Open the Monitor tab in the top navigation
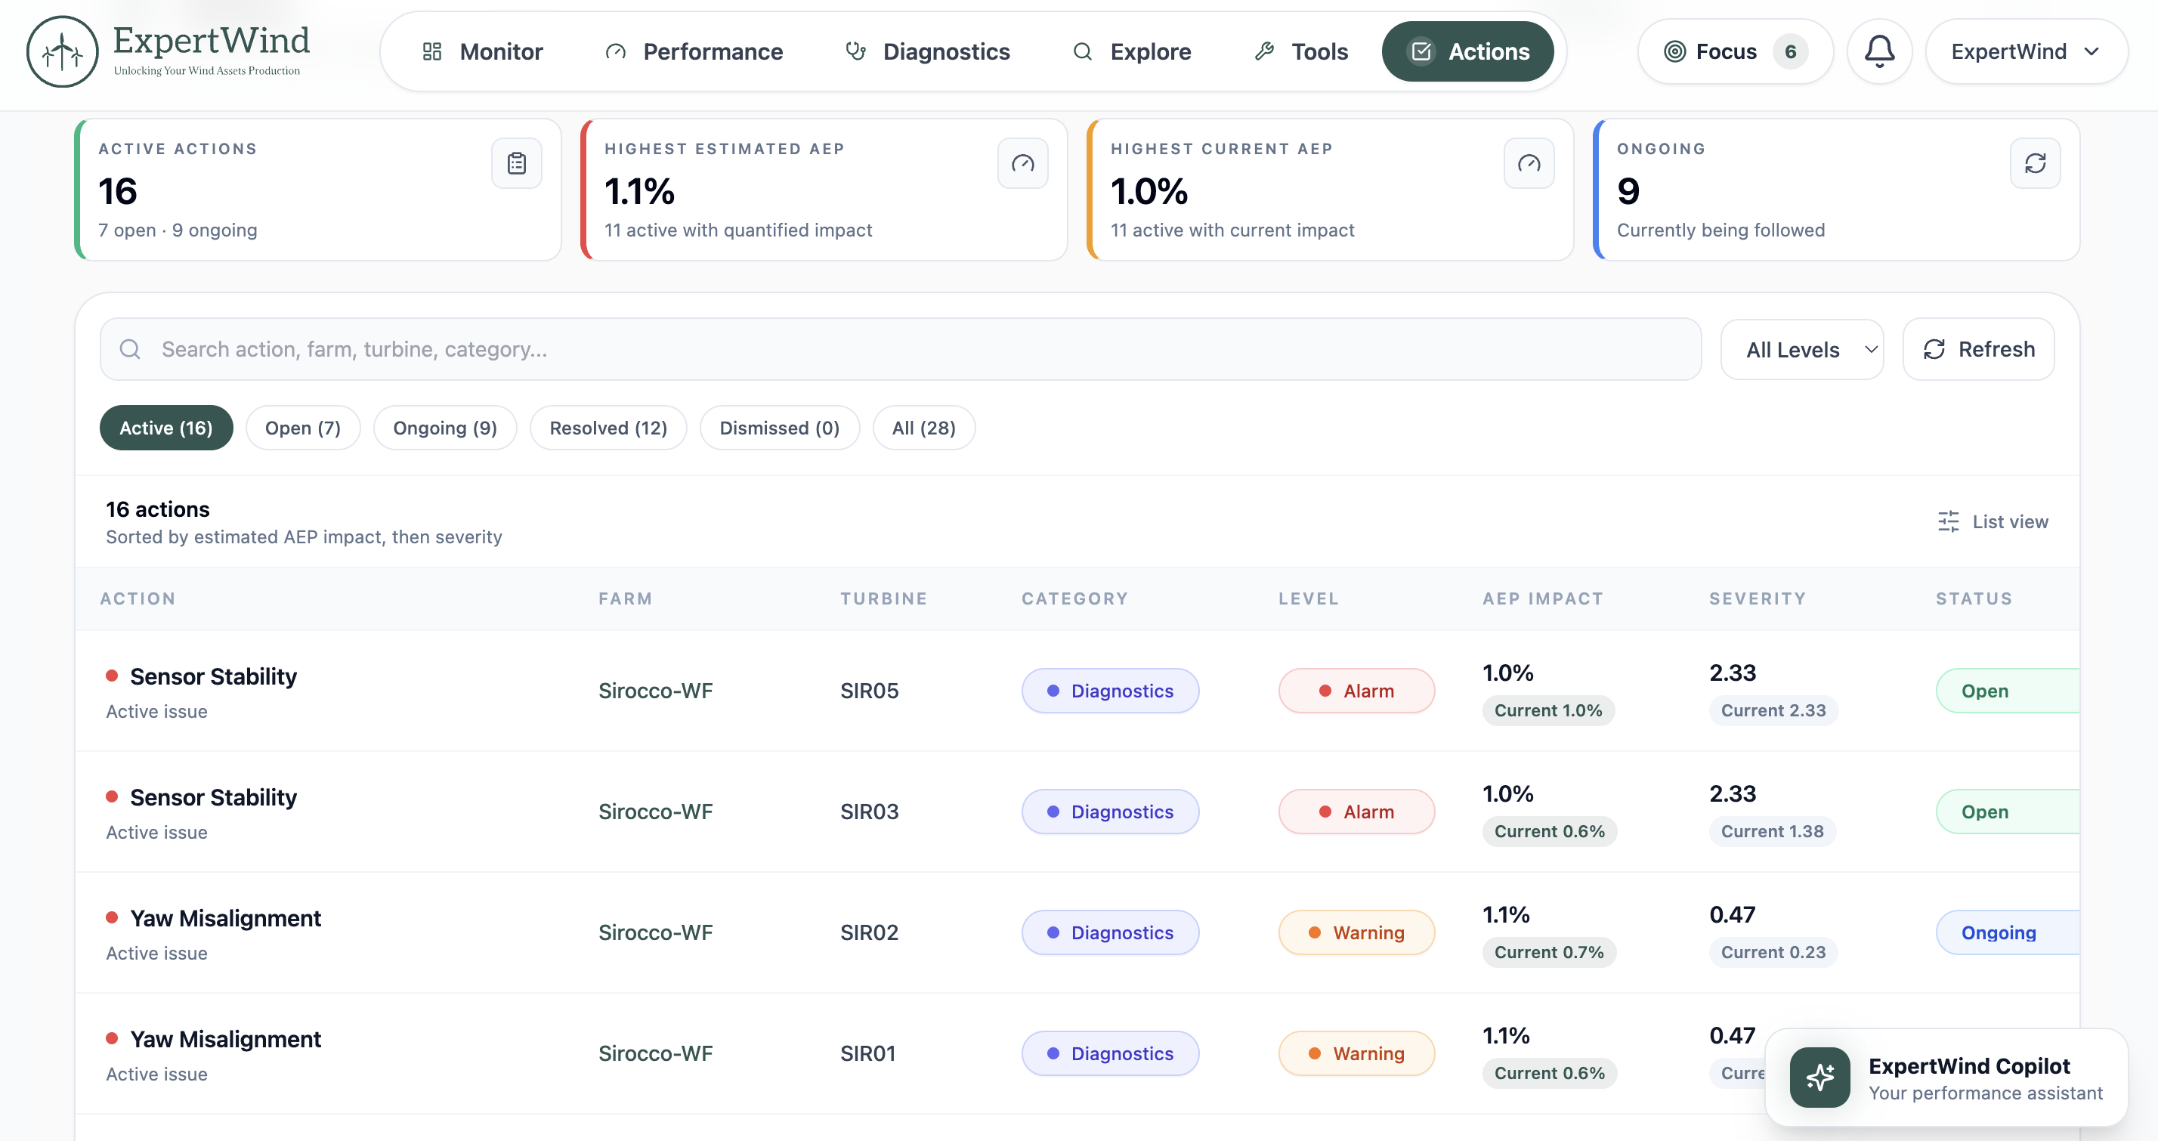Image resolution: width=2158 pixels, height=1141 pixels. (x=483, y=52)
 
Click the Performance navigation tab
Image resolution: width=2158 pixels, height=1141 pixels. (x=694, y=52)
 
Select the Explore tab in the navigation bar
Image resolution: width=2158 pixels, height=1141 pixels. (x=1132, y=52)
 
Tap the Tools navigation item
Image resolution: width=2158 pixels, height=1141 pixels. (x=1301, y=52)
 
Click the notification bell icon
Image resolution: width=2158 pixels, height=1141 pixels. (x=1879, y=51)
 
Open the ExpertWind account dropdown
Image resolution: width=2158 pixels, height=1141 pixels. (x=2026, y=52)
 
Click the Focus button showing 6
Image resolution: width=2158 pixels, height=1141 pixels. (x=1735, y=52)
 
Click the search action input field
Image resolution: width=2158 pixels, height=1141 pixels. (x=901, y=349)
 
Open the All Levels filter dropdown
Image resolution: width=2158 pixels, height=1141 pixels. (x=1802, y=349)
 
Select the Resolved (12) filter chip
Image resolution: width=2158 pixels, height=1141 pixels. (x=608, y=428)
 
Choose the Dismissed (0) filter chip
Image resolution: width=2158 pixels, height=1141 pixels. (x=779, y=428)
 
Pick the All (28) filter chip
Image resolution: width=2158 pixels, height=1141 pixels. (x=923, y=428)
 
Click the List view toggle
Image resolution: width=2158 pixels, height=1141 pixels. (x=1993, y=522)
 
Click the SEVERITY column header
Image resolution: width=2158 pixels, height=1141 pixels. (x=1757, y=599)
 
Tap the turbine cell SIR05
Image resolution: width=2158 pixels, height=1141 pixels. (x=869, y=691)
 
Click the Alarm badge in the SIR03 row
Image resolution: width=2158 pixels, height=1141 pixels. (x=1356, y=812)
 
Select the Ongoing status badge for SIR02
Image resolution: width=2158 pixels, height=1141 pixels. (x=2007, y=932)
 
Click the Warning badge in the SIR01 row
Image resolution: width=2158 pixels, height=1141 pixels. (x=1356, y=1053)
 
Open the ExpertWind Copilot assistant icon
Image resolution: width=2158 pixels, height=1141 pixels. (x=1819, y=1078)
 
